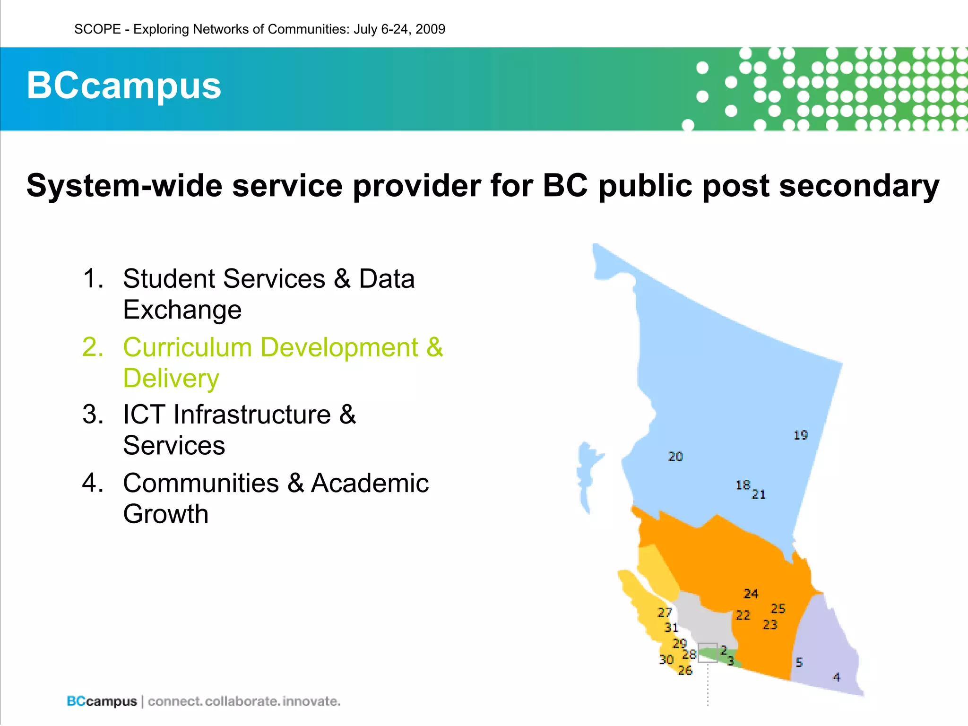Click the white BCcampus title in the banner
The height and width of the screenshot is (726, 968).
tap(124, 86)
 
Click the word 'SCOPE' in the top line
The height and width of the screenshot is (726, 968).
tap(98, 29)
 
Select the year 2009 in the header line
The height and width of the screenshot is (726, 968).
tap(430, 29)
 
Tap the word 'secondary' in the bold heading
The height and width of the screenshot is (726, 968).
tap(859, 185)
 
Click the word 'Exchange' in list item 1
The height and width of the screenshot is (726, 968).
tap(182, 310)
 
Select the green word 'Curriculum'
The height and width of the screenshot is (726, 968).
tap(187, 347)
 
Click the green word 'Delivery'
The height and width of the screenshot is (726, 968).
tap(171, 379)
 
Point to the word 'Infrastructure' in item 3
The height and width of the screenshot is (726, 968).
tap(252, 415)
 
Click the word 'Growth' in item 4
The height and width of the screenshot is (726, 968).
tap(165, 514)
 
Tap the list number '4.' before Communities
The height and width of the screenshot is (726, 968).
tap(93, 483)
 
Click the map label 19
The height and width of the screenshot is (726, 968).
tap(800, 435)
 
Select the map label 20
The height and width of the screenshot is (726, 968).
tap(675, 457)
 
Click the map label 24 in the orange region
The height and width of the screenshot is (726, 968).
tap(751, 594)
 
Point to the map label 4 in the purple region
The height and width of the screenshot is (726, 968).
tap(836, 677)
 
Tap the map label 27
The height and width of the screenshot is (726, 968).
tap(665, 613)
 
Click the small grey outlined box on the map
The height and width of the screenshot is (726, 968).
tap(708, 653)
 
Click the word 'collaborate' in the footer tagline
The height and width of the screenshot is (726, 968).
tap(242, 701)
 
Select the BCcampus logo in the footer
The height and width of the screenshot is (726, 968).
tap(102, 701)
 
